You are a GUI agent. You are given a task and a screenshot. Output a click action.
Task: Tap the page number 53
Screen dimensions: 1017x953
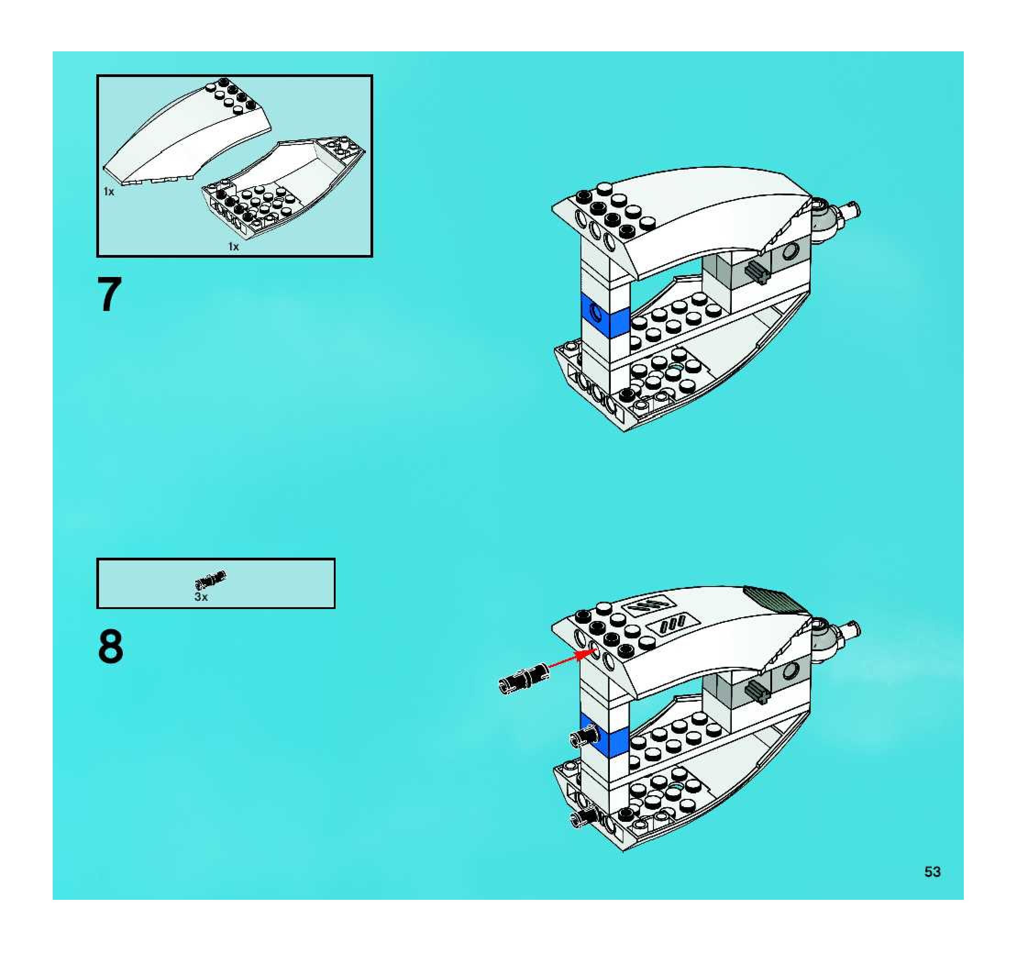[932, 872]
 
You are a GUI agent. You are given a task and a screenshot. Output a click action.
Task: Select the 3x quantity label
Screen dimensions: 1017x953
[201, 597]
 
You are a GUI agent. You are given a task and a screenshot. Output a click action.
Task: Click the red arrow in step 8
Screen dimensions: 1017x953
[573, 659]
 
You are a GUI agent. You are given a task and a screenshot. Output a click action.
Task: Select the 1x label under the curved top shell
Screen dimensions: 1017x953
[109, 192]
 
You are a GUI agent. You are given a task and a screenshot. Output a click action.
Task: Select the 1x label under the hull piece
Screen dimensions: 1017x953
[233, 247]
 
